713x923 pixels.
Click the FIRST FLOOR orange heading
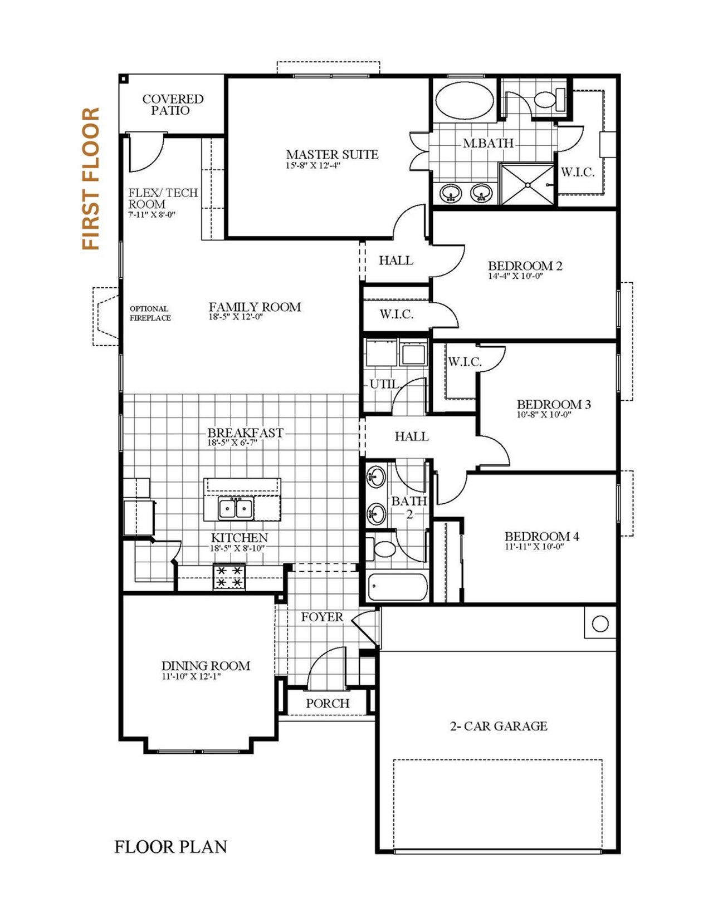coord(91,179)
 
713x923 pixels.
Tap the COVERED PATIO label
coord(173,105)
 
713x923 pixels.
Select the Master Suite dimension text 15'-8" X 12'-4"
coord(312,165)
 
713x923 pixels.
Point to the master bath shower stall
coord(528,184)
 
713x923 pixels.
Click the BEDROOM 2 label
coord(525,266)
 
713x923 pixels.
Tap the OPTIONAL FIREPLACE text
coord(150,313)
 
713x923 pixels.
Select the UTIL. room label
coord(385,384)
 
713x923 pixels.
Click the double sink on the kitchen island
coord(236,508)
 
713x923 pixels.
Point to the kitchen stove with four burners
coord(229,577)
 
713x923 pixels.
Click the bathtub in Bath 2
coord(397,587)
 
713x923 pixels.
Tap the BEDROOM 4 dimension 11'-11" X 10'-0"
coord(534,547)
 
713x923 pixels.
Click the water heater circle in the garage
coord(600,623)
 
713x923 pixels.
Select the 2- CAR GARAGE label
coord(499,726)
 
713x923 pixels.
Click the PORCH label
coord(328,703)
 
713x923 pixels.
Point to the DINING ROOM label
coord(206,666)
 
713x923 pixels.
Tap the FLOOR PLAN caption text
coord(170,847)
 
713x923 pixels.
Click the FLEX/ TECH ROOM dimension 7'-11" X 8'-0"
coord(152,214)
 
